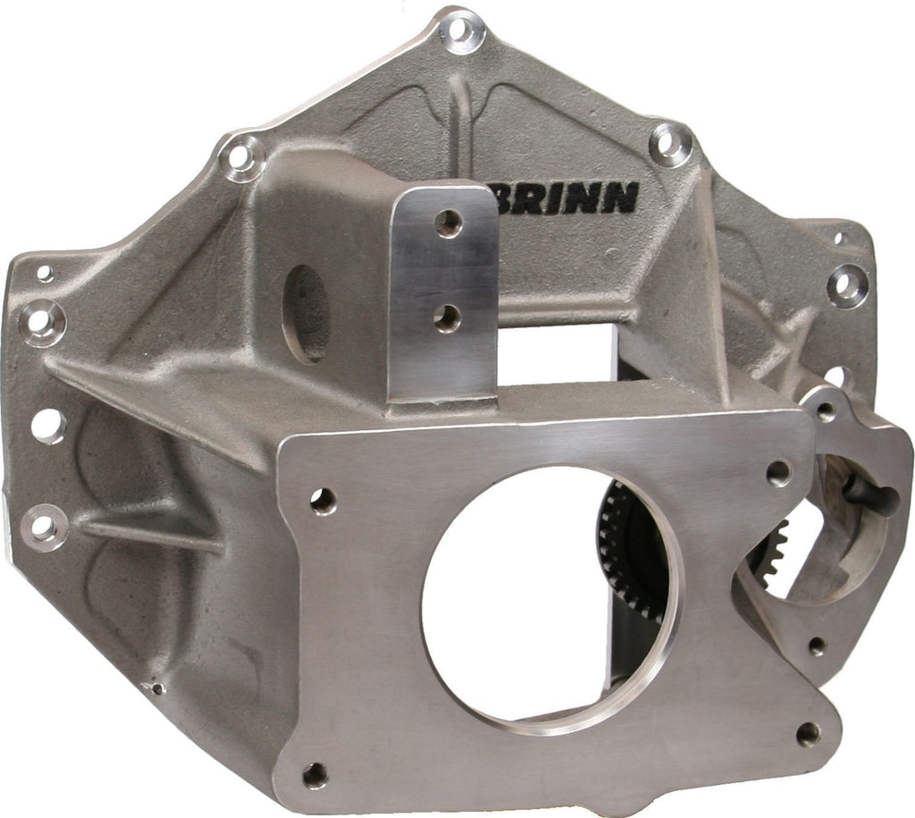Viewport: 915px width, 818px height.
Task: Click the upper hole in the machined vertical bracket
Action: pyautogui.click(x=449, y=223)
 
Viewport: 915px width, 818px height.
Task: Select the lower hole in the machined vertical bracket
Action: pyautogui.click(x=447, y=317)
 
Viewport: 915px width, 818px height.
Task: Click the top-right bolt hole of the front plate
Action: pyautogui.click(x=778, y=473)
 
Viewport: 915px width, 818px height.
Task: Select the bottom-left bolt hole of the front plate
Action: pyautogui.click(x=315, y=775)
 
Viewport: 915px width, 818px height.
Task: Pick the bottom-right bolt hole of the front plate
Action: pyautogui.click(x=808, y=734)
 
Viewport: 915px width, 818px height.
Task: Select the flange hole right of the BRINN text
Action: pyautogui.click(x=670, y=142)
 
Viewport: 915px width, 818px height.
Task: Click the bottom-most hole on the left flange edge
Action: pyautogui.click(x=45, y=527)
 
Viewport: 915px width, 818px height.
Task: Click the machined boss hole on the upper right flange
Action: pyautogui.click(x=846, y=285)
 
